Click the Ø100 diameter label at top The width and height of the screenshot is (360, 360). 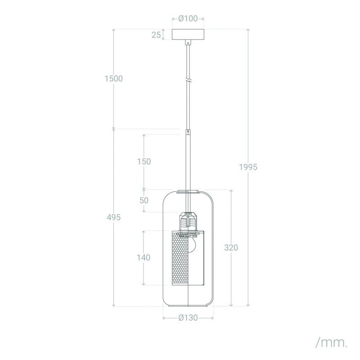coord(188,18)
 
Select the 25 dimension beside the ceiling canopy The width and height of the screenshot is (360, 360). coord(156,35)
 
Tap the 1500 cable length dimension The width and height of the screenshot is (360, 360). coord(113,78)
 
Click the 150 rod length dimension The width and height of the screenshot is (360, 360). coord(144,161)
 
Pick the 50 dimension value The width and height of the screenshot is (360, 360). coord(144,201)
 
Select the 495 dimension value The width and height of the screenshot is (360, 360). coord(113,217)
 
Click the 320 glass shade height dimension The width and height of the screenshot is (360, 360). coord(231,247)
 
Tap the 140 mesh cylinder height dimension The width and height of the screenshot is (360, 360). coord(144,258)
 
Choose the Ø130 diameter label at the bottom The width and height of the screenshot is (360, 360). coord(188,318)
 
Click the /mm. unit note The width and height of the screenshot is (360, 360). coord(331,342)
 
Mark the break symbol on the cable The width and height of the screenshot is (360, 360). coord(188,81)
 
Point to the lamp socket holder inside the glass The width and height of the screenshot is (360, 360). coord(188,222)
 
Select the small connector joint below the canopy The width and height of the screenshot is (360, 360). coord(188,43)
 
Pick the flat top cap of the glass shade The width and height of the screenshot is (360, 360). coord(188,193)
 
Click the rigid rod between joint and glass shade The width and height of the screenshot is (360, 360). coord(188,162)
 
